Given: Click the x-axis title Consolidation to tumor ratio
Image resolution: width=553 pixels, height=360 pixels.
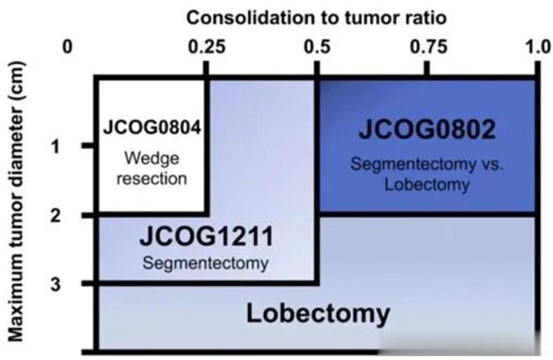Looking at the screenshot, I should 306,15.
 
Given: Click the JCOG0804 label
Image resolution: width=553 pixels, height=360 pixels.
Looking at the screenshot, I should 152,128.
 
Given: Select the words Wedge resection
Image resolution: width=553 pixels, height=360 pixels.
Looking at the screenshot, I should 152,168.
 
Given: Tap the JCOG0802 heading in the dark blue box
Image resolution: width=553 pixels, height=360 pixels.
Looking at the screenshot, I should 427,130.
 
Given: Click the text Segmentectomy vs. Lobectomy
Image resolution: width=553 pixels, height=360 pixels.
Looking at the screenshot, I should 427,175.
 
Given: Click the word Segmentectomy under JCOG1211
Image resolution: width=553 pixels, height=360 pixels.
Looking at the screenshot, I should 205,264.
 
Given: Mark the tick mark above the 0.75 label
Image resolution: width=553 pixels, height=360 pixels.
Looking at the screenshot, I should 427,68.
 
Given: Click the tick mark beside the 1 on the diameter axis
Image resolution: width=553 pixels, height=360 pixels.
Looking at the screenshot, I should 88,146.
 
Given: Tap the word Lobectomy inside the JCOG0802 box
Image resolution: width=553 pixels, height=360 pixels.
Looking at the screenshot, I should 427,185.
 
